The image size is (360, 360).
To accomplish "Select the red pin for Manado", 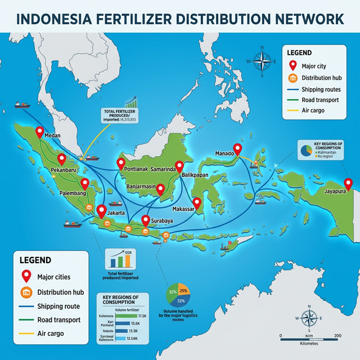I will pos(238,148).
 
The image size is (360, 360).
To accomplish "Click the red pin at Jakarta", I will pos(102,211).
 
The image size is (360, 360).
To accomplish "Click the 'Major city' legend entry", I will pos(317,65).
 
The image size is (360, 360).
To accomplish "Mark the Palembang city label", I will pos(73,193).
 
